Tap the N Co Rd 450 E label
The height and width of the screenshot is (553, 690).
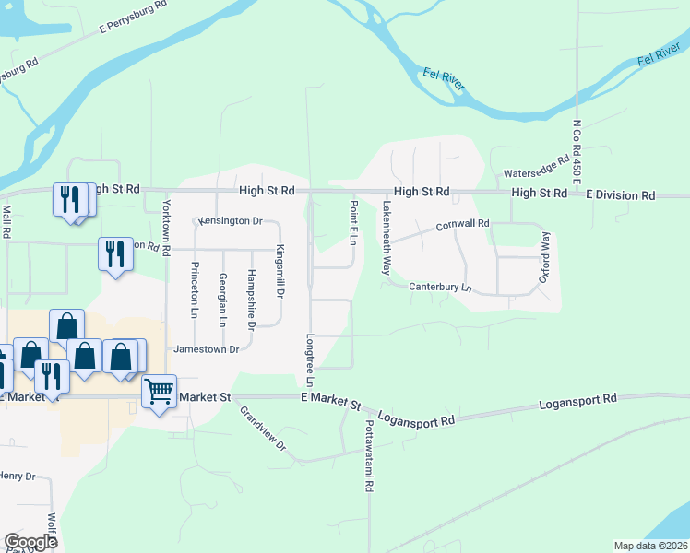pos(577,156)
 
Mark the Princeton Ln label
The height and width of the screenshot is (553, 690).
pos(195,289)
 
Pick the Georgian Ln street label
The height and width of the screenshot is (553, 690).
pos(222,300)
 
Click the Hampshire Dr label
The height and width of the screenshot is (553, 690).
pos(251,300)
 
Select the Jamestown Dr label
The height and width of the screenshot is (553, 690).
pos(207,349)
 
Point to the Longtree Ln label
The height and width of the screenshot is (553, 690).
pos(310,359)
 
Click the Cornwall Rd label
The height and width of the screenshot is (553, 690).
pos(462,224)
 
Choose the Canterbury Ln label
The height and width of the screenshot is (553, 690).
pos(441,288)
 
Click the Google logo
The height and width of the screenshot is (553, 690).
pos(30,542)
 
